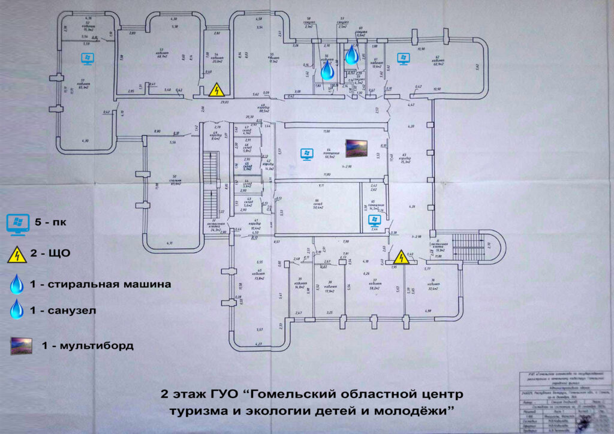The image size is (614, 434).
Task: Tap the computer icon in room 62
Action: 403,58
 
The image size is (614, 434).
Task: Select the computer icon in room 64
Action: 306,154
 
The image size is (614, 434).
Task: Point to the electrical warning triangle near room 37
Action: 398,257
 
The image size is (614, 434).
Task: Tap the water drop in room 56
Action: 327,70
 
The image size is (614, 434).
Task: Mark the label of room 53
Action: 161,52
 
